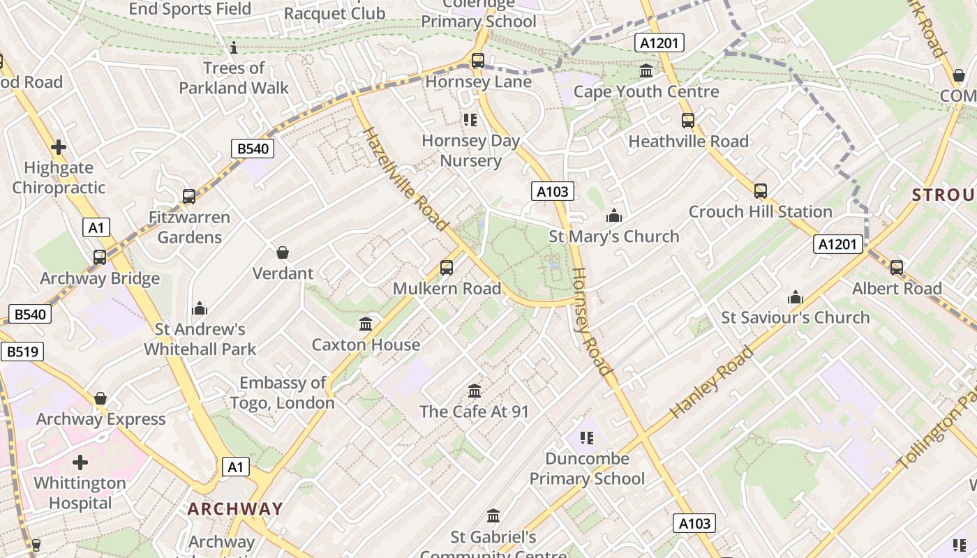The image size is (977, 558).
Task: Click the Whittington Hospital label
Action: click(x=80, y=493)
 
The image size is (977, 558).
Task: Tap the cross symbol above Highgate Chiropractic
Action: click(x=59, y=147)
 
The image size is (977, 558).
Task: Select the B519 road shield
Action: click(x=22, y=352)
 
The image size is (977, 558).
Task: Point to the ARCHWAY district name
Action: click(x=235, y=508)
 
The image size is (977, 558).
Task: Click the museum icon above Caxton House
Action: click(x=366, y=324)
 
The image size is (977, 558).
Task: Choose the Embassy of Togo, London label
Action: click(x=283, y=393)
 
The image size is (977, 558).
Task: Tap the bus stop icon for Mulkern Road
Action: click(x=447, y=267)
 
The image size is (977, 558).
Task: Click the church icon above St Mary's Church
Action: click(x=614, y=216)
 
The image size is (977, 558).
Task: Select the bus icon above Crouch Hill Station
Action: click(x=761, y=190)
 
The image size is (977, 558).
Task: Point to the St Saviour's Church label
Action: click(x=795, y=318)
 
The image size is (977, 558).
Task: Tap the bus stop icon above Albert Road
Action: click(x=897, y=267)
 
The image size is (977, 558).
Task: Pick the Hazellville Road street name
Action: click(x=404, y=179)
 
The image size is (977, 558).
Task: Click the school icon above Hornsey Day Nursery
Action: click(x=470, y=120)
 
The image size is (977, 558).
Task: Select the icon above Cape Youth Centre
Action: click(x=646, y=71)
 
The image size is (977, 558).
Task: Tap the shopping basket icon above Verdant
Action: click(x=283, y=252)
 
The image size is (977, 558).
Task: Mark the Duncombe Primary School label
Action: click(x=587, y=469)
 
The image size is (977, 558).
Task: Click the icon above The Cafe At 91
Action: click(x=475, y=391)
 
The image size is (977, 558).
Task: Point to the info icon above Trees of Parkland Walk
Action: click(x=234, y=47)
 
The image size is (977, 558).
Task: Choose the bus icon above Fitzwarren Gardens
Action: click(x=189, y=197)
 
